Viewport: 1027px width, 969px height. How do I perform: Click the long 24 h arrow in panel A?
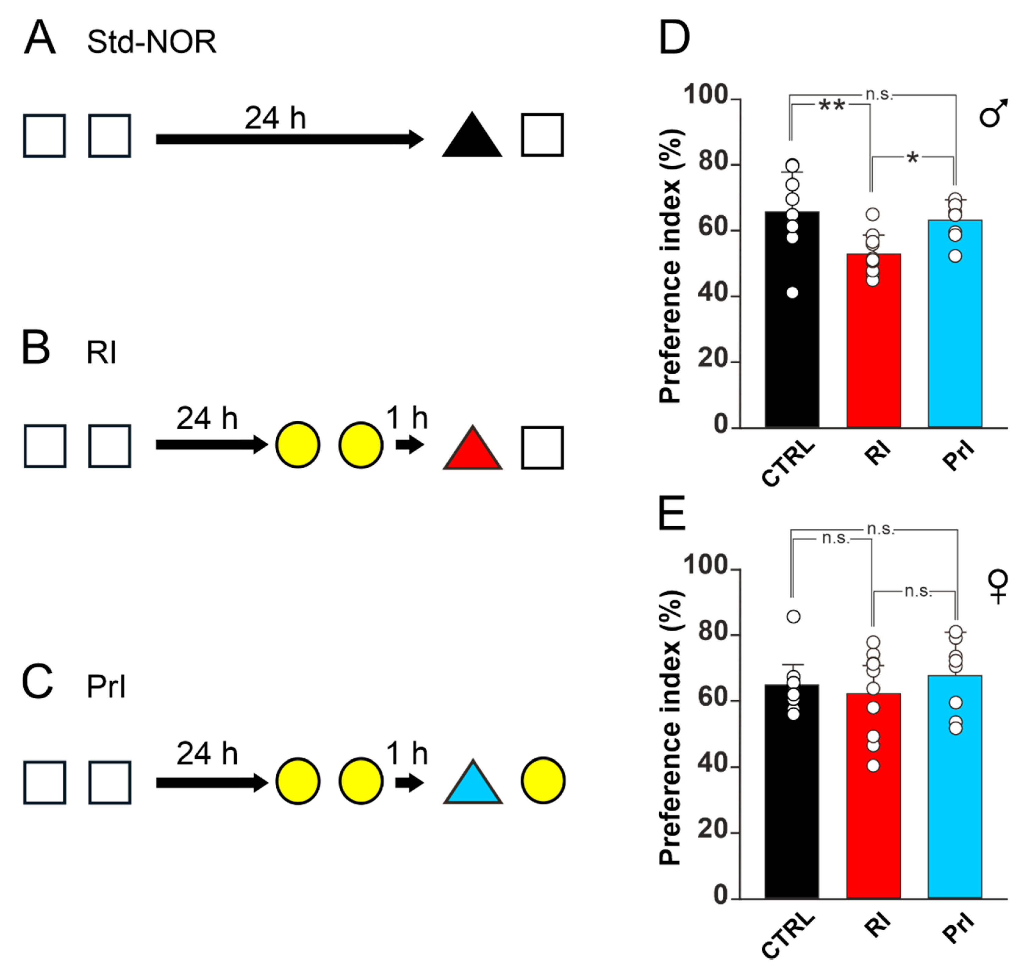[289, 139]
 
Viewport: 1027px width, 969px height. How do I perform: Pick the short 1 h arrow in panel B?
[409, 445]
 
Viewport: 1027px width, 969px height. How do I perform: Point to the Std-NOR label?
[151, 42]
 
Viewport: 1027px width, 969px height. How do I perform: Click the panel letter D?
[674, 38]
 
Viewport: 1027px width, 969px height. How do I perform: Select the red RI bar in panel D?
[874, 341]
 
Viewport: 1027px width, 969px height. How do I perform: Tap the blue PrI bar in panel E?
[955, 791]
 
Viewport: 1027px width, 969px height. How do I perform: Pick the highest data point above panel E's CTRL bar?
[793, 617]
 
